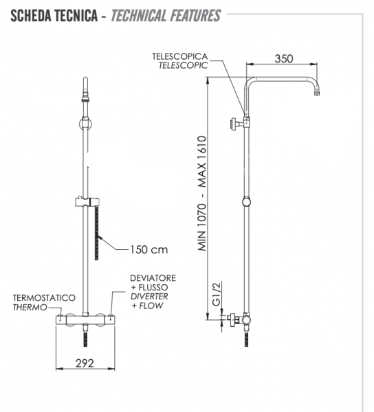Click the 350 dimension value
pyautogui.click(x=283, y=58)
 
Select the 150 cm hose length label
pyautogui.click(x=149, y=249)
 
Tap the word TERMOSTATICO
pyautogui.click(x=44, y=298)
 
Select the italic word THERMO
pyautogui.click(x=30, y=308)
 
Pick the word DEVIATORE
pyautogui.click(x=153, y=277)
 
